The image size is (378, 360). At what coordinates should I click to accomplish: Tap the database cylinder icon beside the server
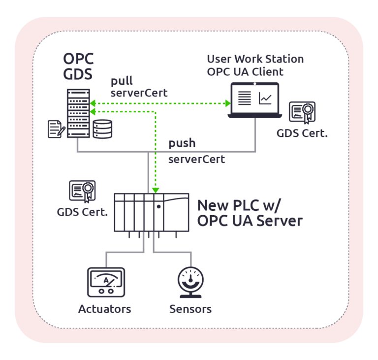(102, 129)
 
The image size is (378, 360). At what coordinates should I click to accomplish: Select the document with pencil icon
(56, 128)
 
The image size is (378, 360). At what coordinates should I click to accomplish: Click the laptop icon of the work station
(254, 101)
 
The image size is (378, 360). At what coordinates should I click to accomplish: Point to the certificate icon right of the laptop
(302, 113)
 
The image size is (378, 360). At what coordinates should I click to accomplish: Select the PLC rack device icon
(151, 212)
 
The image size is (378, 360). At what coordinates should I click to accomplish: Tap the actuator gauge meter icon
(105, 282)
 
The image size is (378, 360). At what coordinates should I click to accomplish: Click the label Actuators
(105, 309)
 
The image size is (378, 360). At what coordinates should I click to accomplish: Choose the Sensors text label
(190, 309)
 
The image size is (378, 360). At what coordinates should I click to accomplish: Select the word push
(182, 143)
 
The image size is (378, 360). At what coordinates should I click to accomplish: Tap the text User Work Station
(255, 59)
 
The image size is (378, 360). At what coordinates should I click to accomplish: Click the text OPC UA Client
(245, 72)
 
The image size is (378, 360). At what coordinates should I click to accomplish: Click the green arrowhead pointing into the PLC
(156, 190)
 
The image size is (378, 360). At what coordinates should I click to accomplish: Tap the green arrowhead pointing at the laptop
(227, 103)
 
